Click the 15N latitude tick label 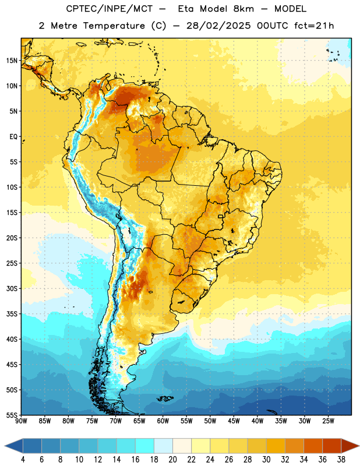click(x=12, y=61)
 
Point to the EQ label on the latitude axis click(x=13, y=137)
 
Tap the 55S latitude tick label click(x=12, y=415)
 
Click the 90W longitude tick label click(x=21, y=421)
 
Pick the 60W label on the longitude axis click(x=163, y=421)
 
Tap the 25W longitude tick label click(x=328, y=421)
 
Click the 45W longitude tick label click(x=234, y=421)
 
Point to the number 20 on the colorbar click(x=172, y=460)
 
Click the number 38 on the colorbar click(x=341, y=460)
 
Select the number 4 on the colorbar click(x=23, y=460)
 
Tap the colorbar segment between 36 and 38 click(x=332, y=446)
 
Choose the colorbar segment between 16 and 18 click(x=145, y=446)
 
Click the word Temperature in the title click(x=114, y=26)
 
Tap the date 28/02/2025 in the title click(x=218, y=26)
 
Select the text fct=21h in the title click(x=314, y=26)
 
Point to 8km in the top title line click(x=243, y=9)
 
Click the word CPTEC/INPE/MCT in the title click(x=110, y=9)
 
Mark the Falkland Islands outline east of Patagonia click(x=165, y=398)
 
